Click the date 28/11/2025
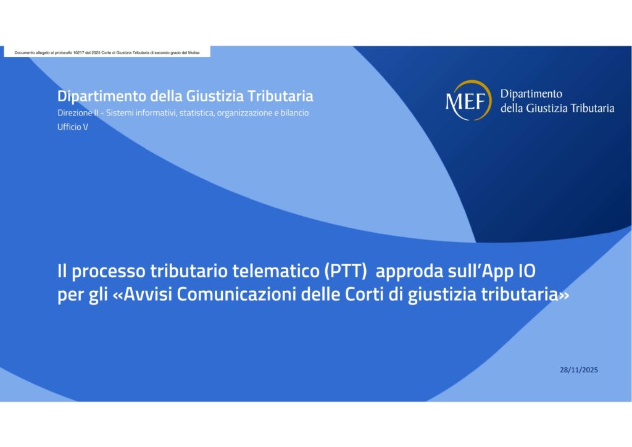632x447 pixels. [x=579, y=370]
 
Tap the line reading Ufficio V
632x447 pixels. [x=73, y=127]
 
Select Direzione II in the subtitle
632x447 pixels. [x=80, y=114]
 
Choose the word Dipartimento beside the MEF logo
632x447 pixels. [x=531, y=94]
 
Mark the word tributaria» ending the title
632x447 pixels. [x=528, y=295]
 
